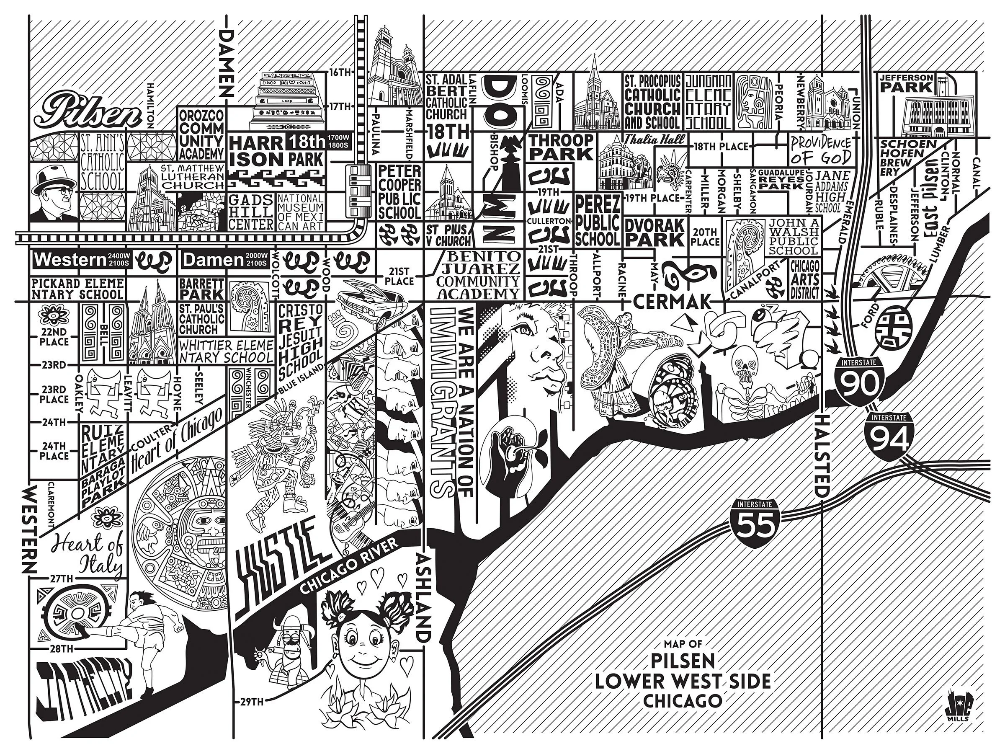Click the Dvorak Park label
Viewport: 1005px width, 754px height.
[654, 232]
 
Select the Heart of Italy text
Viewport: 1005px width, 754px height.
[89, 554]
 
